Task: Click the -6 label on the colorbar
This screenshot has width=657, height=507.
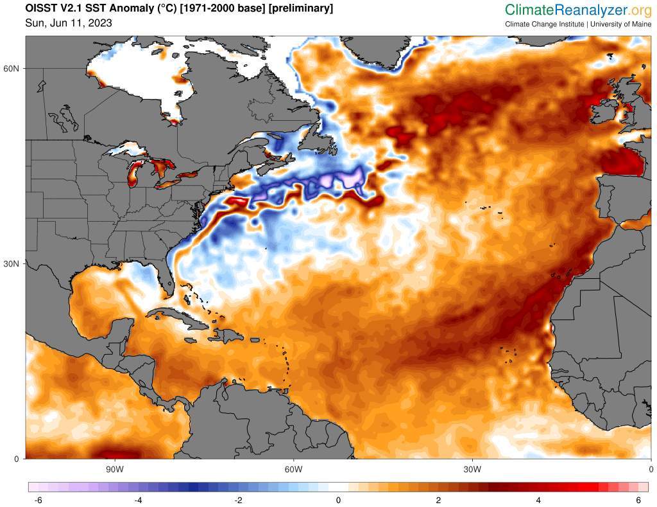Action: [38, 501]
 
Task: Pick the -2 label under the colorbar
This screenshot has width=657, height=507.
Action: [237, 501]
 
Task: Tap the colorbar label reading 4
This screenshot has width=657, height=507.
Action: [538, 501]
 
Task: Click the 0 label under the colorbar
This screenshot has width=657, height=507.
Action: [338, 501]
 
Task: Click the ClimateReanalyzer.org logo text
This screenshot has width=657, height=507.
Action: [577, 10]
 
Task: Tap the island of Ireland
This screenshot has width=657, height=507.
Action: [603, 113]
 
